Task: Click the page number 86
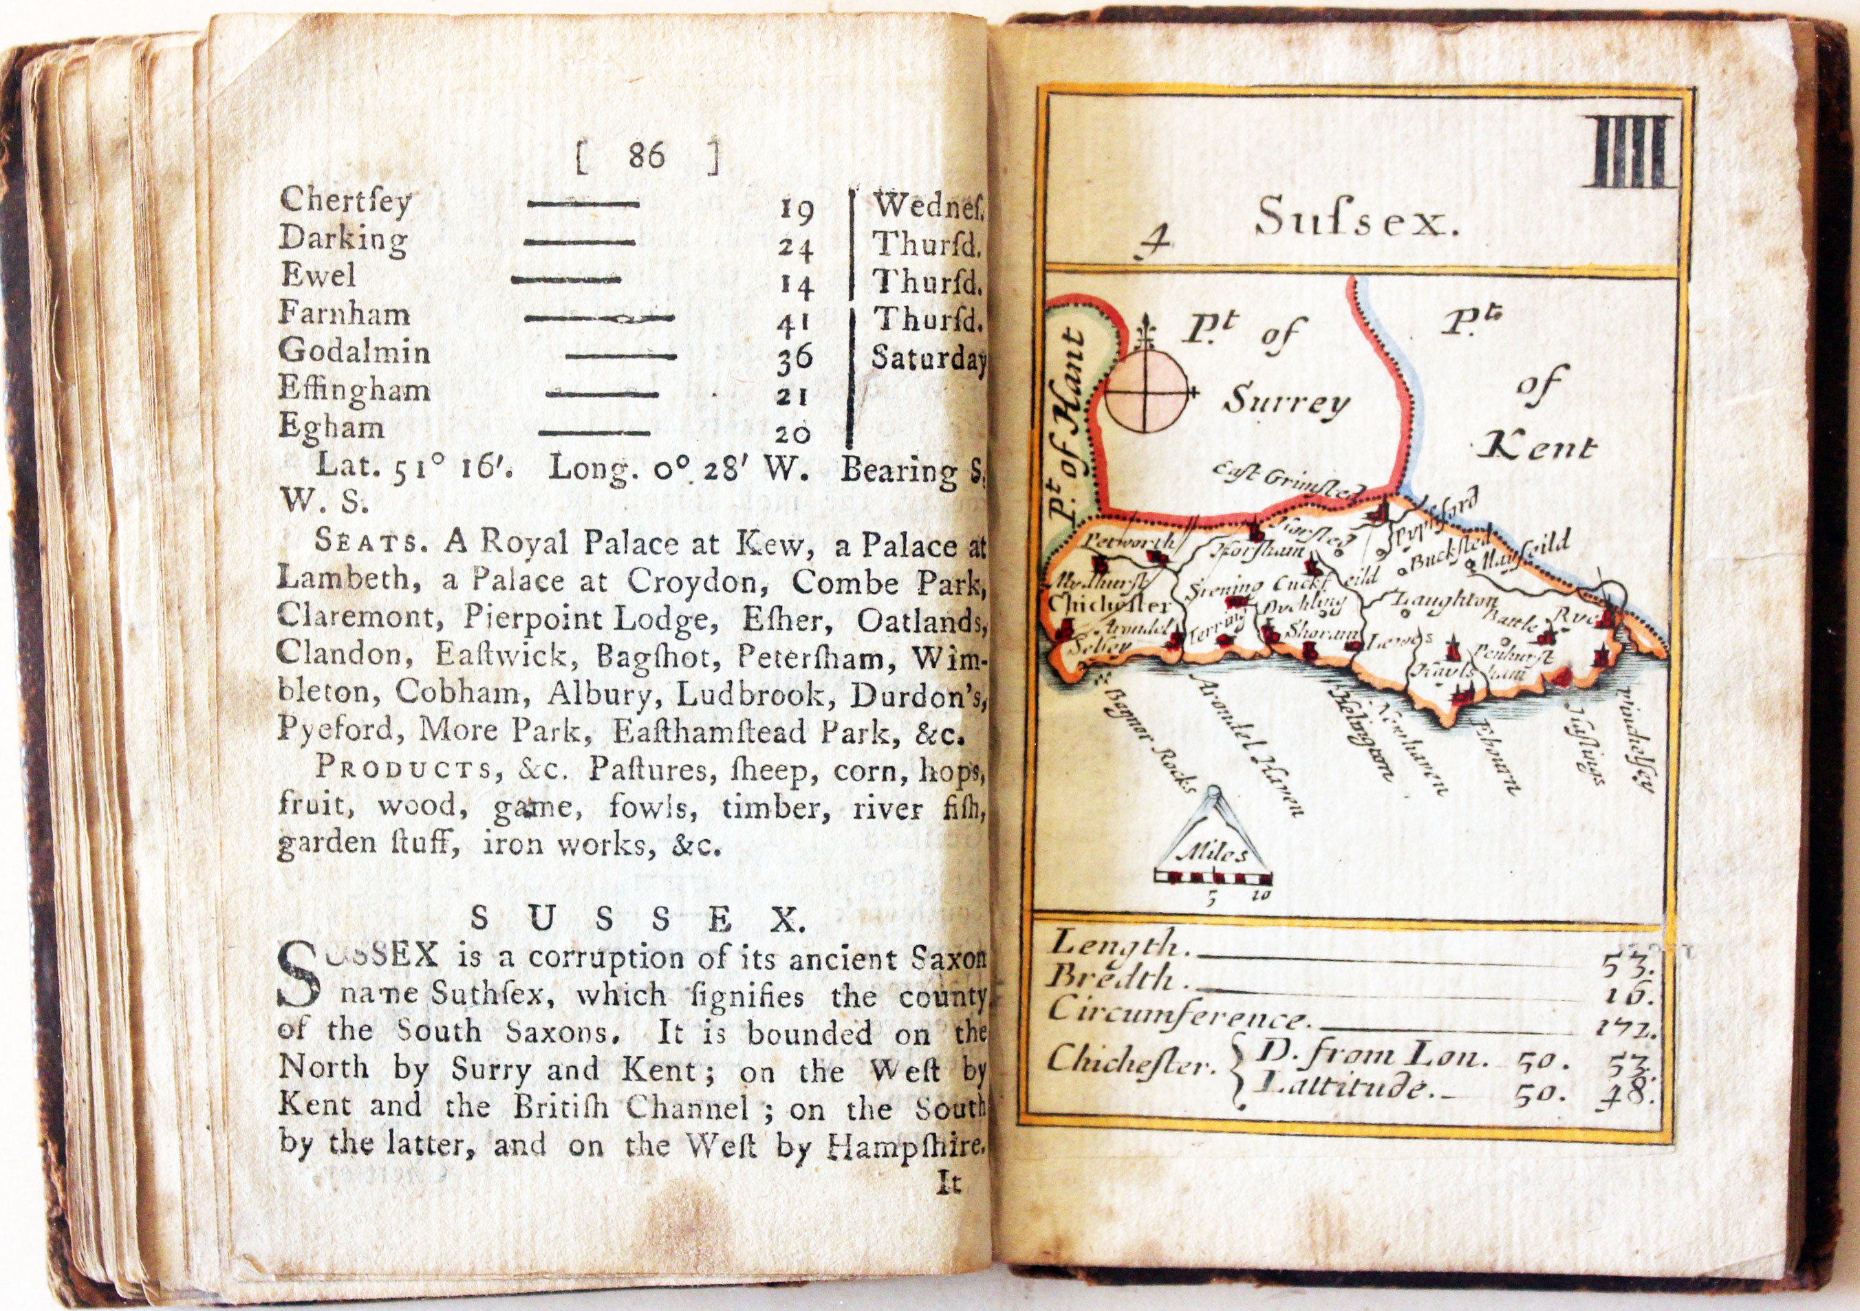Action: pyautogui.click(x=646, y=155)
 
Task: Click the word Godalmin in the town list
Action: pyautogui.click(x=354, y=352)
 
